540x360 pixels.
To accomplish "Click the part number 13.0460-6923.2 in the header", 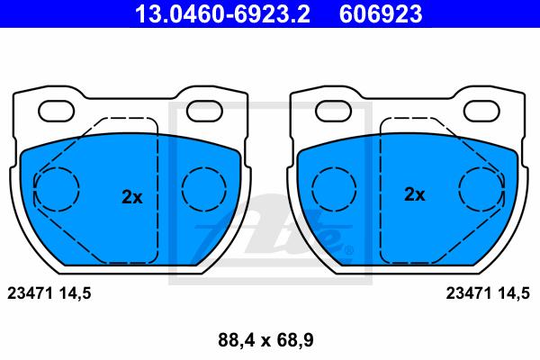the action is pyautogui.click(x=222, y=14).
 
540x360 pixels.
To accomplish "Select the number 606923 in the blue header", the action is pyautogui.click(x=381, y=14).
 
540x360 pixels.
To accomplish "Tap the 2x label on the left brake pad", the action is pyautogui.click(x=132, y=197).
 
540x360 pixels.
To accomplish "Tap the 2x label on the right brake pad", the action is pyautogui.click(x=415, y=194).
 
